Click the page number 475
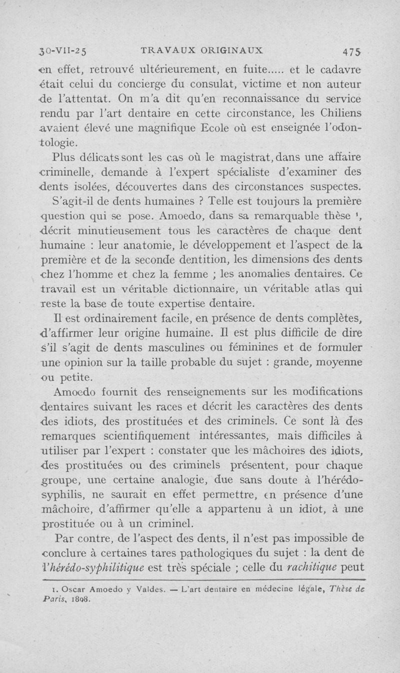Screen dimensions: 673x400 click(x=352, y=51)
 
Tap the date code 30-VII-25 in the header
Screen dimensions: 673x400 click(x=63, y=50)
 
